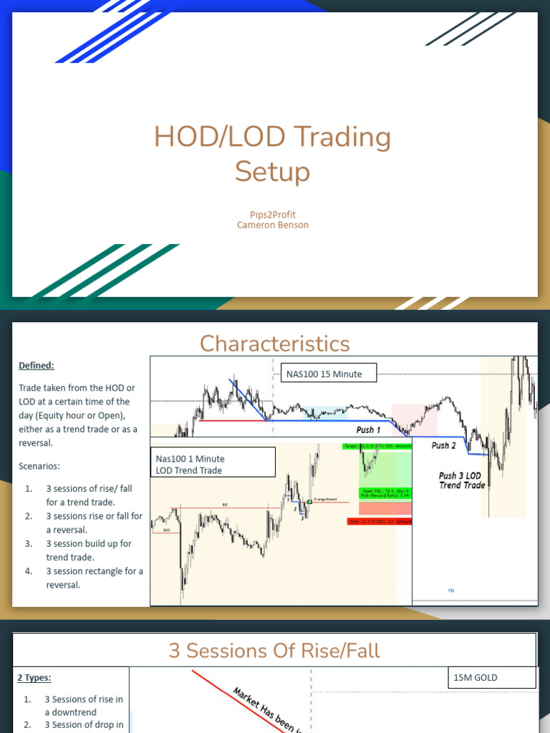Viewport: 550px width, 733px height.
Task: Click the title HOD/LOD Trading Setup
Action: point(273,154)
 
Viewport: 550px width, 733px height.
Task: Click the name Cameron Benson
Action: point(274,225)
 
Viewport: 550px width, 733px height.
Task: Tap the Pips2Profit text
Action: point(274,214)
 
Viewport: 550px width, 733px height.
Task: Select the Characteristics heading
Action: point(275,344)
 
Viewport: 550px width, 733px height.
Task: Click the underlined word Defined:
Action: point(37,365)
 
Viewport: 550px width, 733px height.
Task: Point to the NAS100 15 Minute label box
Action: point(328,373)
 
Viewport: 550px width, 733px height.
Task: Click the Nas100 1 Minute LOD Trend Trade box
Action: point(213,464)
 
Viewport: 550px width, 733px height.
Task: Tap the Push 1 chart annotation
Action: point(368,430)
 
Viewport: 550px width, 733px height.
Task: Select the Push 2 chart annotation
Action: point(444,445)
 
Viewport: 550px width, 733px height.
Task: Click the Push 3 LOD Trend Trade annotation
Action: point(462,480)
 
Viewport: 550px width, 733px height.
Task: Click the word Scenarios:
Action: point(39,466)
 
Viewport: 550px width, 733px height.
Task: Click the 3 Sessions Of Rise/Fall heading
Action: point(274,650)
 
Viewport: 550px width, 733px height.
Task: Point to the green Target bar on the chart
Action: point(377,446)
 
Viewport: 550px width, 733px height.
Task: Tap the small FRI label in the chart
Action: point(451,591)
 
